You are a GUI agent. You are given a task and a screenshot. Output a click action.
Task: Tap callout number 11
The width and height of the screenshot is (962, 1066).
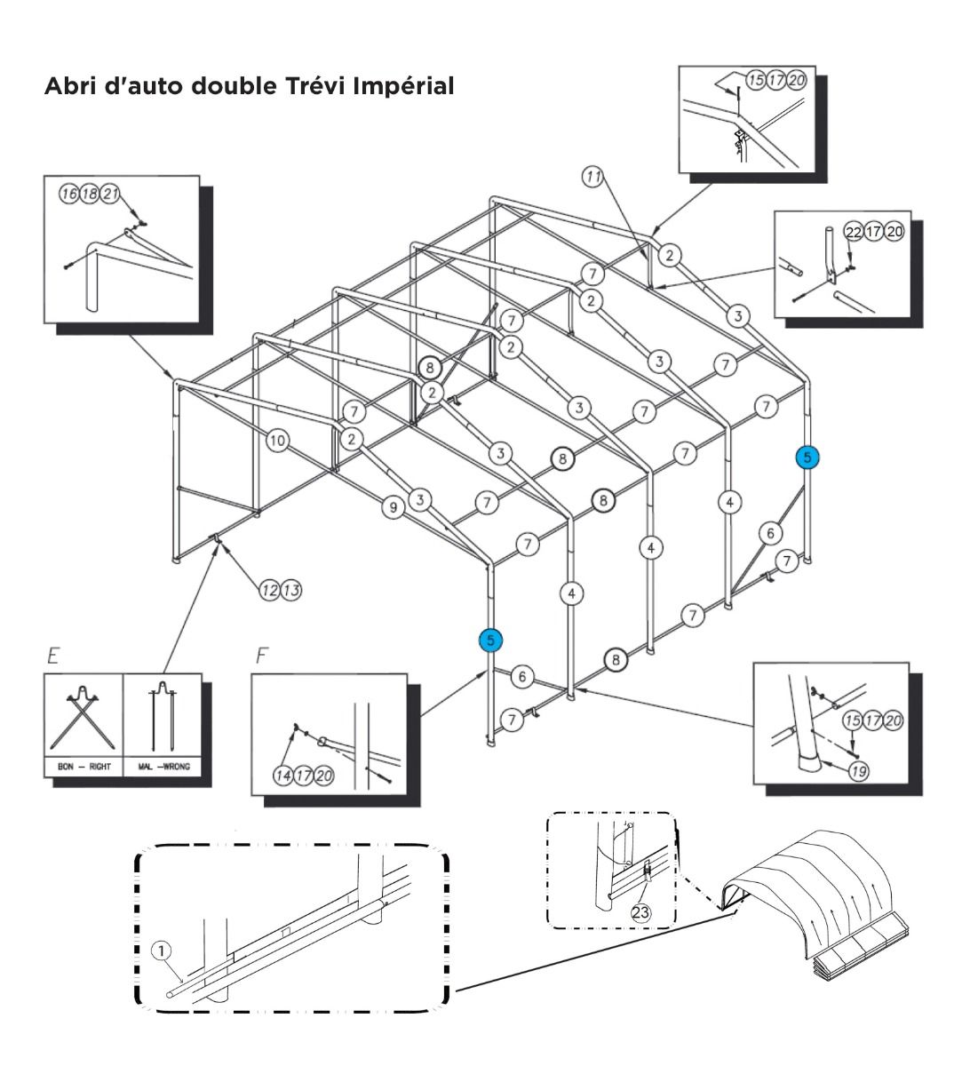592,176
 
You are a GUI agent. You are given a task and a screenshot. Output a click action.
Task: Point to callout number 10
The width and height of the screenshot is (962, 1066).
278,440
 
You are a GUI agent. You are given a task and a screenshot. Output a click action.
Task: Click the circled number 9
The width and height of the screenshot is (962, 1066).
393,507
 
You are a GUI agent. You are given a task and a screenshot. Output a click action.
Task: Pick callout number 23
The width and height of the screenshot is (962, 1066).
641,911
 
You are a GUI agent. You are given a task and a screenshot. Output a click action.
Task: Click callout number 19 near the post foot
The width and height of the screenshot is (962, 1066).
857,771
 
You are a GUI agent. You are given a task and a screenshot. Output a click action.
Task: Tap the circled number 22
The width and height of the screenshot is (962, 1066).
852,232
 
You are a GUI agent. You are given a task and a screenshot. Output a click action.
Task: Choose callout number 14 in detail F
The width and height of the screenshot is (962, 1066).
284,776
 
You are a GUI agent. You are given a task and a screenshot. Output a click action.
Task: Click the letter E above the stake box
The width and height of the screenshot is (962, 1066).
53,657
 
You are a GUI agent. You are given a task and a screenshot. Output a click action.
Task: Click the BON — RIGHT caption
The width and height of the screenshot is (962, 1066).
83,766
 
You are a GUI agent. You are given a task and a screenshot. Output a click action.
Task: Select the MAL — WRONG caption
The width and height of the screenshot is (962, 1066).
163,766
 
